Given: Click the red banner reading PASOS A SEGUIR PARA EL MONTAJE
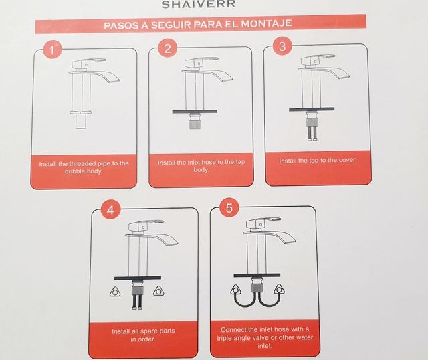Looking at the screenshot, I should click(197, 26).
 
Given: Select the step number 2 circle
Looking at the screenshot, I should click(168, 48).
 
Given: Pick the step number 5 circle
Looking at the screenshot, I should click(229, 208).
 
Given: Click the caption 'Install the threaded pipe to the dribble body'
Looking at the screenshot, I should click(84, 167).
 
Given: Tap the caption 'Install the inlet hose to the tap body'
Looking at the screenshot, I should click(201, 166).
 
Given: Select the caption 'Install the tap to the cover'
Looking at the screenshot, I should click(318, 161).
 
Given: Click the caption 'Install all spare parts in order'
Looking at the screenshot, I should click(143, 335).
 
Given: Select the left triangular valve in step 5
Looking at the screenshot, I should click(235, 290).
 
